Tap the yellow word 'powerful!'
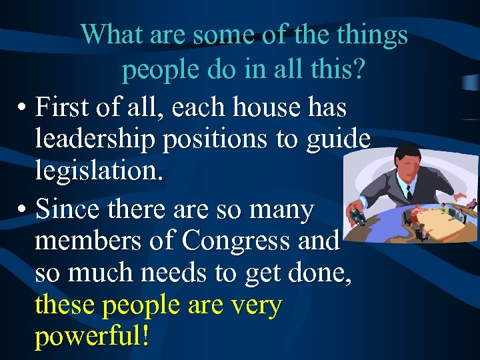(91, 337)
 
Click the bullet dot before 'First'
(22, 107)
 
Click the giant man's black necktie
(408, 191)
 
